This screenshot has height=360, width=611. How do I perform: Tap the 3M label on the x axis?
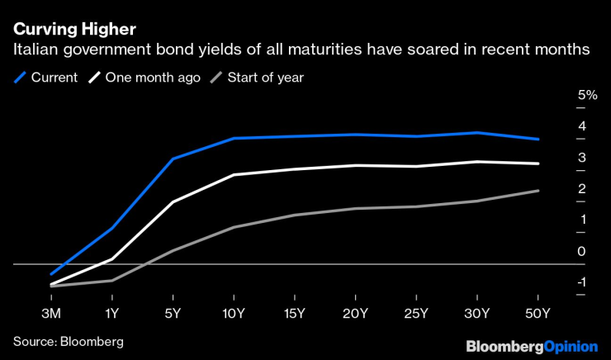51,314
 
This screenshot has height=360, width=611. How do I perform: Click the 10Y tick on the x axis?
234,314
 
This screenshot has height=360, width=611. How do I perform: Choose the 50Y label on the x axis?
538,314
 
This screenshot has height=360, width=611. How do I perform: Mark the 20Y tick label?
355,314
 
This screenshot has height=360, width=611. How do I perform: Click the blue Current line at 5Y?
173,159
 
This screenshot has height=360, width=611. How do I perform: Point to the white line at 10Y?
234,175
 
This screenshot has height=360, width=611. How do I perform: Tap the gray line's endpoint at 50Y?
538,191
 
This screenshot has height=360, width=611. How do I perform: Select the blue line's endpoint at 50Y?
538,140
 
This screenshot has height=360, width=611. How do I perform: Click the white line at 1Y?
112,258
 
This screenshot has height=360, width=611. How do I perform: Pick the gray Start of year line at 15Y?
295,215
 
